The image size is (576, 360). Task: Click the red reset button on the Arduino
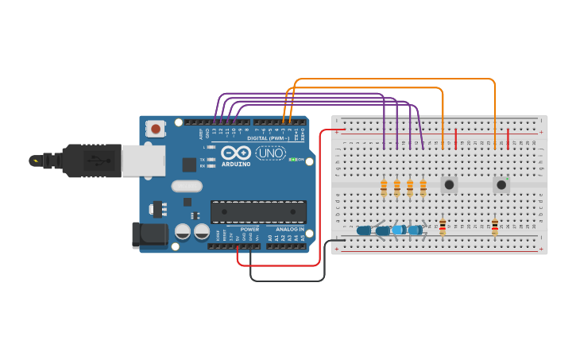156,128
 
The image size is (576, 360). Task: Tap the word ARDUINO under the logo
236,164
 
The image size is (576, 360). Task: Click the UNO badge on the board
271,153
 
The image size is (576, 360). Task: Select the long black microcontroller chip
258,212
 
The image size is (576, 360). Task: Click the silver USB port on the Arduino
143,161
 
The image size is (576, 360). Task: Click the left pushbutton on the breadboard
449,184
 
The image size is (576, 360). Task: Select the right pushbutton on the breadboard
501,184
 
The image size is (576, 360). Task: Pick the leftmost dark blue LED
365,230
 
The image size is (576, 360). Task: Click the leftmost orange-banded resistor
384,188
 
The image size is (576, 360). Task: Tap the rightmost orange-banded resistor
423,188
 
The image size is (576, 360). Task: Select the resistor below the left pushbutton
443,227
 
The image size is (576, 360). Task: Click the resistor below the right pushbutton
495,227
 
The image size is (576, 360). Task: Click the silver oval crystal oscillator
187,186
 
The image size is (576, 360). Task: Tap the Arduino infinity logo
236,153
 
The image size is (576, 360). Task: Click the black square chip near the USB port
189,165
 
